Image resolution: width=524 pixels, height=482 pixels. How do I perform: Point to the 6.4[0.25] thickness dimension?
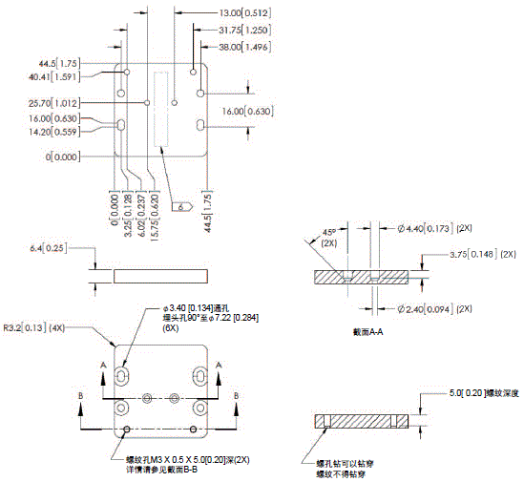48,248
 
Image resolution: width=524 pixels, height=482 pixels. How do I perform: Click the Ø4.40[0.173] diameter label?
425,229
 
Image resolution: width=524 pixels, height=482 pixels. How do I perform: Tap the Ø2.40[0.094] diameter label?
425,308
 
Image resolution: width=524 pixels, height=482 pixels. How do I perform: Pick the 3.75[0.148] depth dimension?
475,255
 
